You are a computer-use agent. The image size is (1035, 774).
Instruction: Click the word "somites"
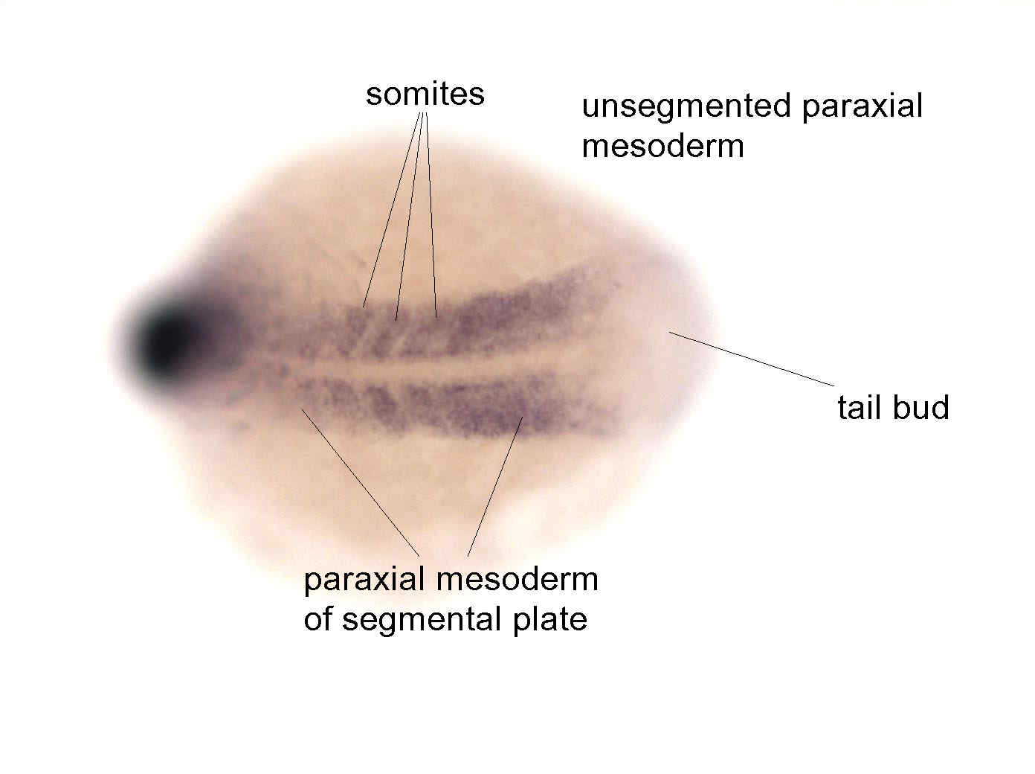[x=425, y=95]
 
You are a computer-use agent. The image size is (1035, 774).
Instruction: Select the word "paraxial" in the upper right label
[x=862, y=106]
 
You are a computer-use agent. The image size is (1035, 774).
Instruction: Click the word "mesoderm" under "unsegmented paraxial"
[x=662, y=147]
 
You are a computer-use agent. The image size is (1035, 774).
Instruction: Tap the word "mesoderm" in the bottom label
[x=517, y=580]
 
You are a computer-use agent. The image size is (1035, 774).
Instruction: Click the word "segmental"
[x=421, y=620]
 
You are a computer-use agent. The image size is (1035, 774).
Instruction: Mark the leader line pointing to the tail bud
[x=752, y=359]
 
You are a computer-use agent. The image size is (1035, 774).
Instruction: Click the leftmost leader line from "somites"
[x=391, y=210]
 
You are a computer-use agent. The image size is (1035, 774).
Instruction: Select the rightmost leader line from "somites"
[x=431, y=215]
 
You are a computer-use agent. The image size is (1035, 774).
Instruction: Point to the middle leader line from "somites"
[x=409, y=217]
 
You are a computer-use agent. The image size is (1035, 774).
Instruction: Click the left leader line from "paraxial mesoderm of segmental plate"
[x=361, y=482]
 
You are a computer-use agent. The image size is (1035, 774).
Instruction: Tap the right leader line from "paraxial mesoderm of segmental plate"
[x=495, y=487]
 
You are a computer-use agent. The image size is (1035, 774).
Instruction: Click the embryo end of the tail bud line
[x=669, y=332]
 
